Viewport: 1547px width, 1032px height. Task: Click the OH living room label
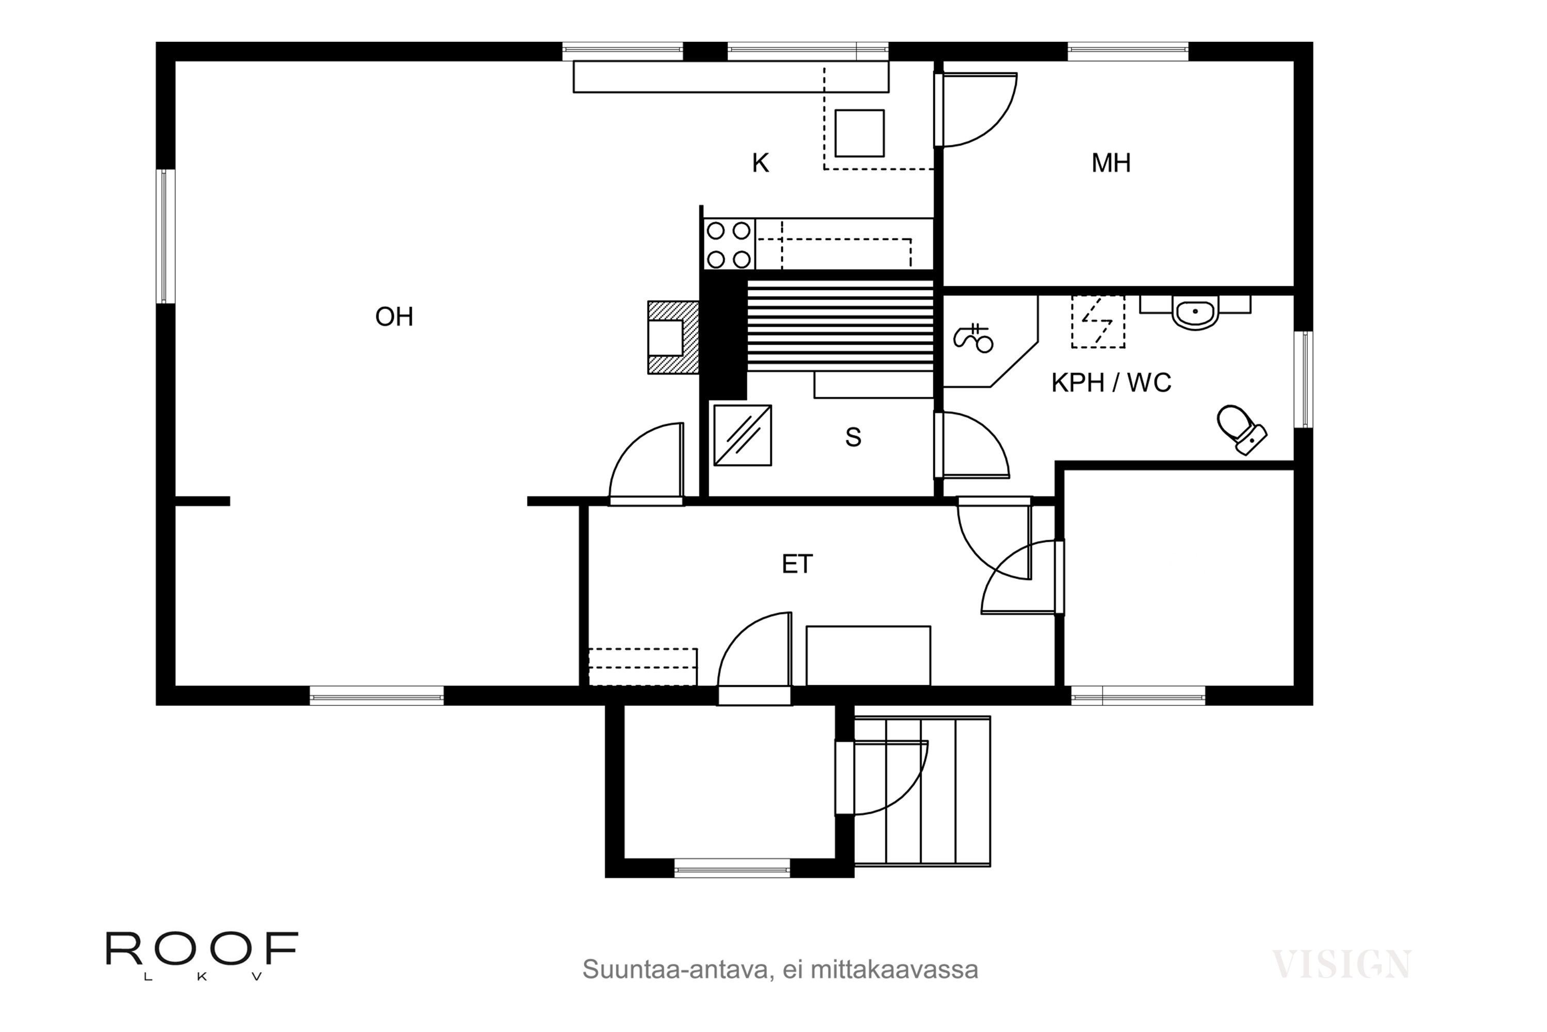coord(394,317)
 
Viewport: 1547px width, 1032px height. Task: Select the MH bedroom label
coord(1111,163)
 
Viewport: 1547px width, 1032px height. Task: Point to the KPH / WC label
coord(1111,382)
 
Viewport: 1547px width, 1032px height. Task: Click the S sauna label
coord(853,438)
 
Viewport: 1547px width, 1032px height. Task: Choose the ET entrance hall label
coord(797,564)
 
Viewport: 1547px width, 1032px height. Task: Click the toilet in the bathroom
coord(1242,430)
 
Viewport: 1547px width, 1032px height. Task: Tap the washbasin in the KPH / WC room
coord(1195,313)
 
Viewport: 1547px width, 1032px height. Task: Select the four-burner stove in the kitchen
coord(729,245)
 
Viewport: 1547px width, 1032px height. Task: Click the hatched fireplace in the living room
coord(673,337)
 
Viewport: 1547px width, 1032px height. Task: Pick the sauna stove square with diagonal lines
coord(743,435)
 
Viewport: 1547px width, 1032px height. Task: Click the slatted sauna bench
coord(840,325)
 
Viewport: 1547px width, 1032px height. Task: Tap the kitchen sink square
coord(859,133)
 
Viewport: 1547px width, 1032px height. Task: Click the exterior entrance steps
coord(922,791)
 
